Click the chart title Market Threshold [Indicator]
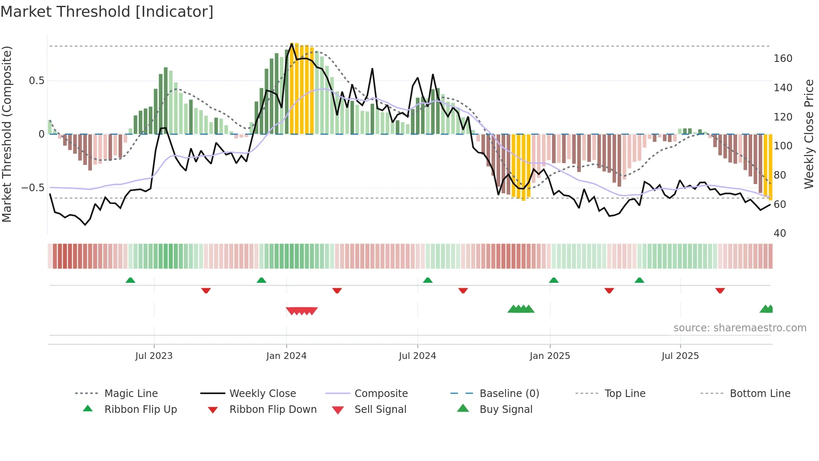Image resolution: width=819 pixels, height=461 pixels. click(107, 12)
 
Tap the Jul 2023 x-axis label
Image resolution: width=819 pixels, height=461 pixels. click(154, 356)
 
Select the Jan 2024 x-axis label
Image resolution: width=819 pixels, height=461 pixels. click(286, 356)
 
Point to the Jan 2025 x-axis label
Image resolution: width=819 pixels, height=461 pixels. click(549, 356)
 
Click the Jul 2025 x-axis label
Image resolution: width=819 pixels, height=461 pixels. click(680, 356)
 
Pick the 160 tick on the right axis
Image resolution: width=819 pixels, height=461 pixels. click(783, 59)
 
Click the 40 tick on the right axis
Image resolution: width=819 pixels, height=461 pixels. click(780, 233)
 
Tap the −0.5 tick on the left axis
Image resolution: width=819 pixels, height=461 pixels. click(33, 188)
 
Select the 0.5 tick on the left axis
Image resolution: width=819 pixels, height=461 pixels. click(36, 81)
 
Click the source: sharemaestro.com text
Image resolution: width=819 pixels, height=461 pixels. click(740, 328)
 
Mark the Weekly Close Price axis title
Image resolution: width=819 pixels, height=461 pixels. click(809, 134)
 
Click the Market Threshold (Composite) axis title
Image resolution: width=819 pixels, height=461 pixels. click(7, 134)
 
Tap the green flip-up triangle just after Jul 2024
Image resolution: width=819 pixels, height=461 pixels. click(427, 280)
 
